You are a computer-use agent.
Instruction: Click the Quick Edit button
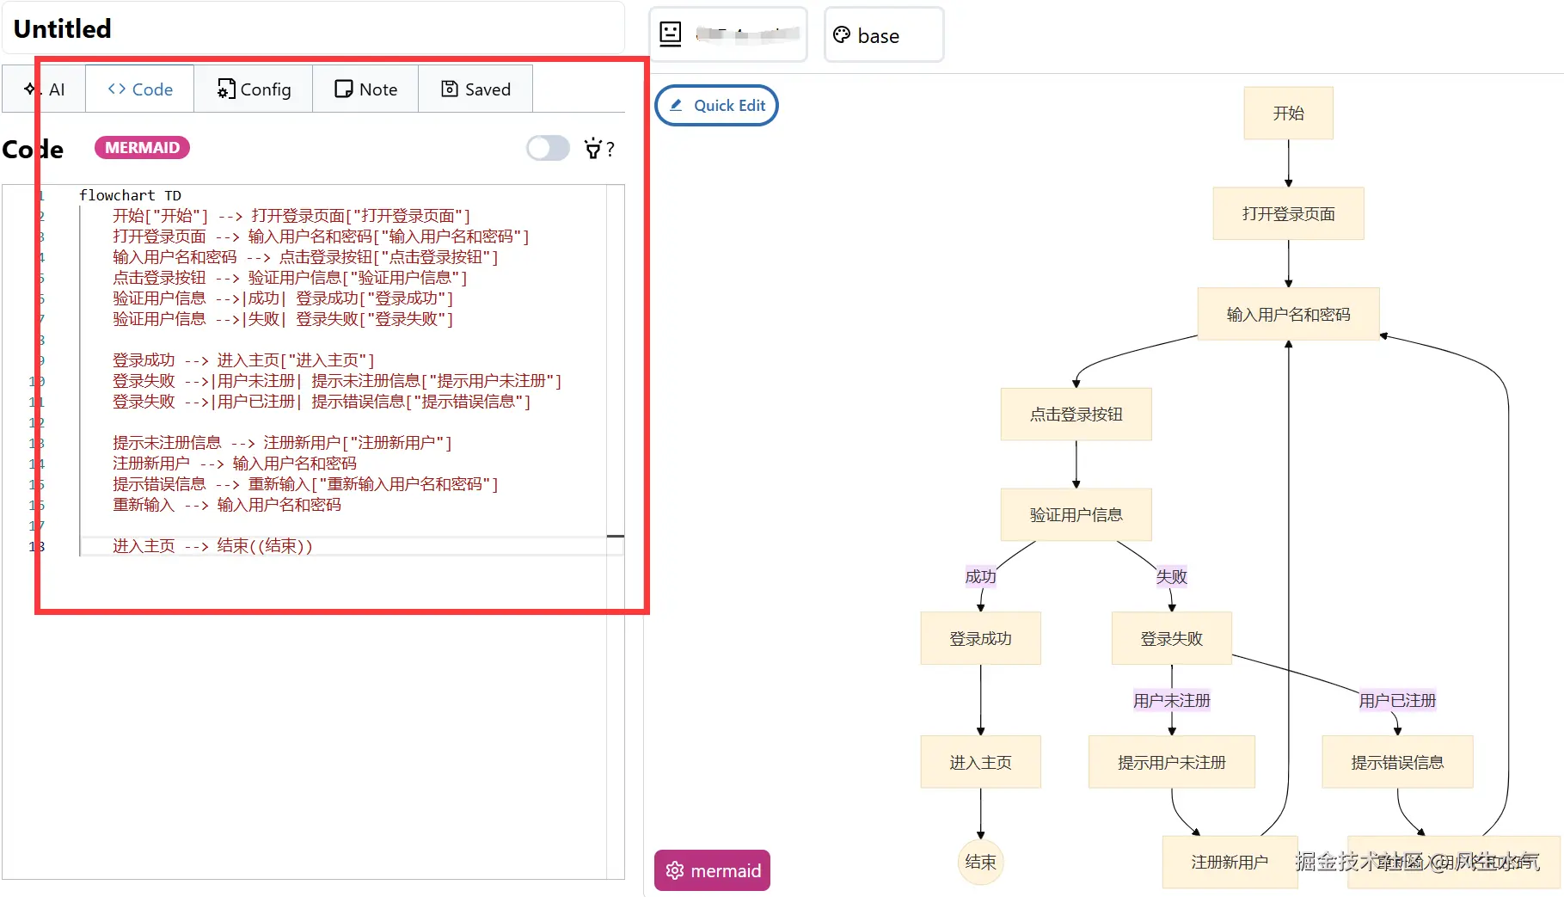click(x=716, y=106)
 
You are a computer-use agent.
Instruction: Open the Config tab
click(x=254, y=89)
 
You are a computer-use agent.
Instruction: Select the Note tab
click(x=365, y=89)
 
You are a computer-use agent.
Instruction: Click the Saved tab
click(x=475, y=89)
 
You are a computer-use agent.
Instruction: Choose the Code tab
click(x=140, y=89)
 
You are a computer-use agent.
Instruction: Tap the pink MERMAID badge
click(x=142, y=148)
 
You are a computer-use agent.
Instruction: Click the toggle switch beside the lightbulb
click(x=548, y=149)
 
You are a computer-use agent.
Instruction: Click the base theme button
click(x=883, y=35)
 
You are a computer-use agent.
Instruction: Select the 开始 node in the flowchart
click(x=1288, y=114)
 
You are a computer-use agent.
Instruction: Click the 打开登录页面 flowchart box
click(x=1288, y=214)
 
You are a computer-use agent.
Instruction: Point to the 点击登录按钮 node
click(x=1076, y=415)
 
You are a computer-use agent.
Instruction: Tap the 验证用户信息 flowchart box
click(x=1076, y=515)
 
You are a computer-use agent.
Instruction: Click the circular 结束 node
click(x=980, y=862)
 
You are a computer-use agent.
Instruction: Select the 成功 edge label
click(x=980, y=577)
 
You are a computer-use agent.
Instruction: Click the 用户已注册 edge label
click(x=1397, y=701)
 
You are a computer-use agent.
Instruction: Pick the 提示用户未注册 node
click(x=1171, y=763)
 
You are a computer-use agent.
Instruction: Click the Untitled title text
click(x=63, y=29)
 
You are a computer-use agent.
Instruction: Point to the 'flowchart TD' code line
click(x=130, y=196)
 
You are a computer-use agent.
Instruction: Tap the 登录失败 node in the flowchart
click(x=1171, y=639)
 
